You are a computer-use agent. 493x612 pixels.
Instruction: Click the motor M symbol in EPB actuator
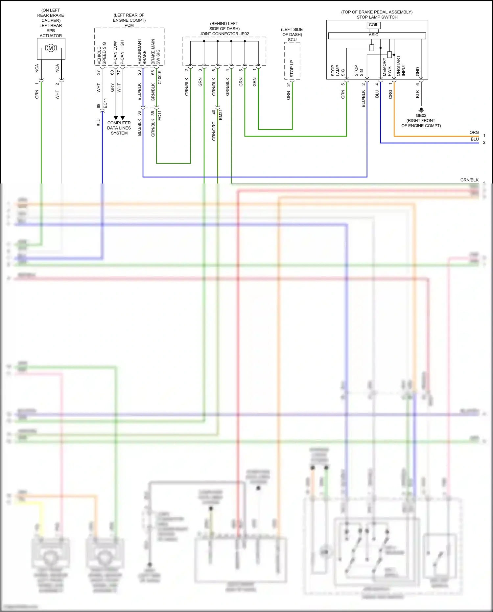point(51,48)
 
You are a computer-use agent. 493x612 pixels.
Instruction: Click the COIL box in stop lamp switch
point(373,25)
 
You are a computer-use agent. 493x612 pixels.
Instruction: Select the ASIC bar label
point(373,35)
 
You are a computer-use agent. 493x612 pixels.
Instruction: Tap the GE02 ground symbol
point(421,110)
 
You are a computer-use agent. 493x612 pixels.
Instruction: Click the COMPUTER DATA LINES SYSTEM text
point(119,128)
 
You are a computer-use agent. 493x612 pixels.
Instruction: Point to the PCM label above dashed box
point(129,25)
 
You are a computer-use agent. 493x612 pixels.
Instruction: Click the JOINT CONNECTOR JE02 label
point(224,34)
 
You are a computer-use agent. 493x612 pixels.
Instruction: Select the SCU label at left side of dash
point(292,40)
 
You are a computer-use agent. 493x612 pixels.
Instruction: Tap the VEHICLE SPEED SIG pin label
point(102,54)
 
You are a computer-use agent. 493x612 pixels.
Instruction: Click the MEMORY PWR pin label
point(387,67)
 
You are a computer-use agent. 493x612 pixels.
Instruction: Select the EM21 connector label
point(221,114)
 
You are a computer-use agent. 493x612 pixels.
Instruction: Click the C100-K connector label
point(160,77)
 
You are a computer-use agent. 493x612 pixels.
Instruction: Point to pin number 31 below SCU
point(289,85)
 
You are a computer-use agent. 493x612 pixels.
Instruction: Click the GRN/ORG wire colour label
point(214,131)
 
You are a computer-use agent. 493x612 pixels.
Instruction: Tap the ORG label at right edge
point(474,133)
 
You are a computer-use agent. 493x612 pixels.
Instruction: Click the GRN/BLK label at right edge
point(469,180)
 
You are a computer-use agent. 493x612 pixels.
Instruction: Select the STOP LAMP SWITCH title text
point(377,17)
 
